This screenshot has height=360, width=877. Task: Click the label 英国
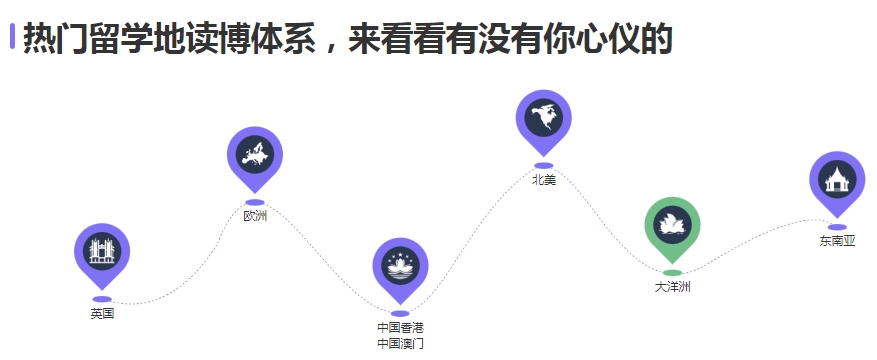[102, 314]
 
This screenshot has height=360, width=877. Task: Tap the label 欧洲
[255, 215]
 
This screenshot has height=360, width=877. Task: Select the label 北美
[543, 180]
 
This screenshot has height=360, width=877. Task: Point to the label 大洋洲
[673, 287]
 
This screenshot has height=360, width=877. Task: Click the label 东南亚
[837, 240]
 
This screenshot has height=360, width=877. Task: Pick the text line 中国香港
[400, 327]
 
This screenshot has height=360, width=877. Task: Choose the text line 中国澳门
[400, 343]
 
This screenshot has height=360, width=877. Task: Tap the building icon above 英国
[102, 252]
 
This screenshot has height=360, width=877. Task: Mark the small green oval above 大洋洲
[673, 272]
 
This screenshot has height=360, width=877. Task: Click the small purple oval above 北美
[543, 165]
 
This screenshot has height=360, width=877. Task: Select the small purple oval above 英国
[102, 299]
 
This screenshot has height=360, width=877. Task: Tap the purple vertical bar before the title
[12, 37]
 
